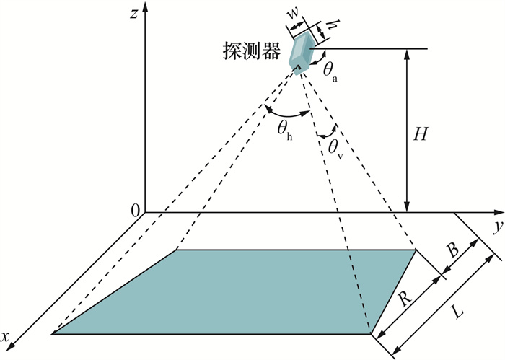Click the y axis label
(x=499, y=226)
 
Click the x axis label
(x=4, y=337)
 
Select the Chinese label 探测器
(x=252, y=51)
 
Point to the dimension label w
(x=292, y=12)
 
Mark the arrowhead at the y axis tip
(x=499, y=212)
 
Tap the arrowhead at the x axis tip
(x=11, y=346)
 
